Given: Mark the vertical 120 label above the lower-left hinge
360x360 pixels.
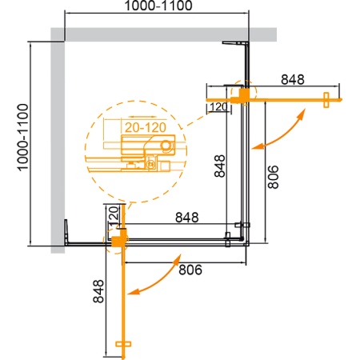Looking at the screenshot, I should click(x=113, y=215).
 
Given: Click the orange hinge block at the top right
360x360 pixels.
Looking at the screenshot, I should click(x=242, y=94).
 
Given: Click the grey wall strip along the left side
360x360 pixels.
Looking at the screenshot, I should click(x=57, y=144).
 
